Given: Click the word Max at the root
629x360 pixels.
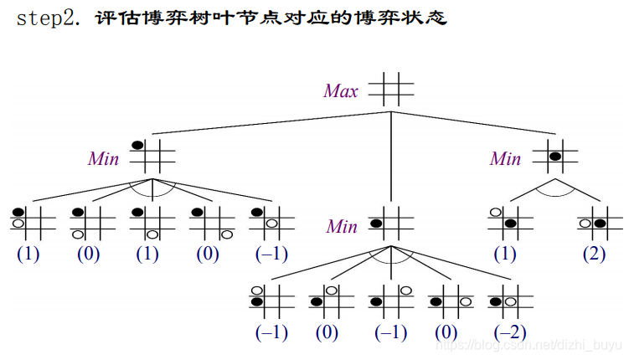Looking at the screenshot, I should (341, 90).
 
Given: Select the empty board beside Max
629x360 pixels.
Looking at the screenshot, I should (390, 89).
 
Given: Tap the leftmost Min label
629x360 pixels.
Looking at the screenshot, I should (103, 158).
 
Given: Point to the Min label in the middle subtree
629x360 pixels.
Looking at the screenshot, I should (342, 226).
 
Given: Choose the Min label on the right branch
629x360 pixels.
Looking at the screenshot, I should (505, 158).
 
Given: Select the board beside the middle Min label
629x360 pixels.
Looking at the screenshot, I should (389, 223).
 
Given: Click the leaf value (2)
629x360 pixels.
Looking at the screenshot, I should (593, 254).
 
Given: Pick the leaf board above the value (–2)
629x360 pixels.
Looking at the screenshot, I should (509, 301).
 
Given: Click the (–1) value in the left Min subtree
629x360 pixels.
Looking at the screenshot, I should (271, 254).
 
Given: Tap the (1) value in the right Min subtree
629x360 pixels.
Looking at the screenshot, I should (504, 254).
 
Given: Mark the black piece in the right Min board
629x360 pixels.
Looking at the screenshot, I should (554, 156).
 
